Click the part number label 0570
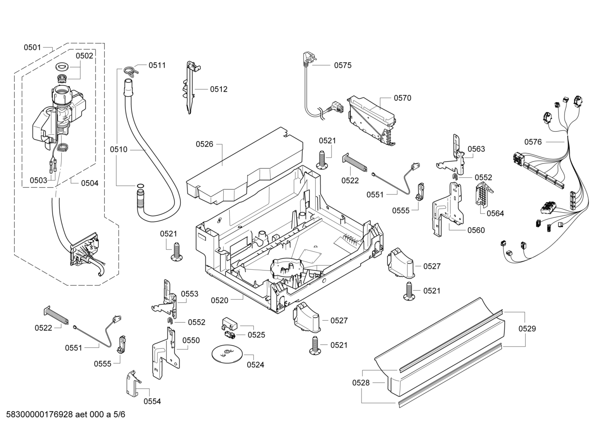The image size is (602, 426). [402, 98]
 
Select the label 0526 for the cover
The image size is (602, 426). [205, 145]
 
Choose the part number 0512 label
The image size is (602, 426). [218, 89]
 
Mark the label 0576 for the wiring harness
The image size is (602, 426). [533, 142]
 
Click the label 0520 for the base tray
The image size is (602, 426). [219, 300]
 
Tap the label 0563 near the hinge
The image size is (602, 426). [476, 149]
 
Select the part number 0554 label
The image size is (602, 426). [152, 401]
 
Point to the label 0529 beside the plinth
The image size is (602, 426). [527, 329]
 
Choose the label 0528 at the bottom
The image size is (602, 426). [361, 383]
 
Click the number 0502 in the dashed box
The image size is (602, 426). [84, 56]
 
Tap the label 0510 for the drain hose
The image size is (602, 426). [119, 149]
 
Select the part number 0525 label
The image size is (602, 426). [256, 335]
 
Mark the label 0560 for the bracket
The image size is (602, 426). [476, 230]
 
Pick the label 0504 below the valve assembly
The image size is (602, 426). [89, 183]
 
